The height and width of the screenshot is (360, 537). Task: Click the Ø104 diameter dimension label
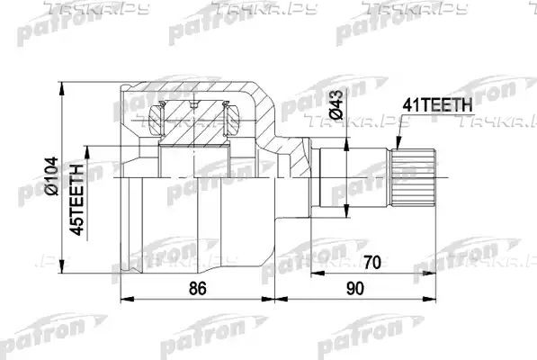pos(51,176)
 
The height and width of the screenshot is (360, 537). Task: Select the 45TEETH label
pos(76,200)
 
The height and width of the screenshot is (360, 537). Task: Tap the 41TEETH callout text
pos(437,105)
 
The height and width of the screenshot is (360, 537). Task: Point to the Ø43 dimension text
pos(336,104)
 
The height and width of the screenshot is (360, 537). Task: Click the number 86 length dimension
pos(198,288)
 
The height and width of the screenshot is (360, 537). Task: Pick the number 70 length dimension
pos(371,263)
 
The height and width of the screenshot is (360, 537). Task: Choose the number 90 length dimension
pos(354,288)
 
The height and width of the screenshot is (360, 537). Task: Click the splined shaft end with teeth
pos(414,178)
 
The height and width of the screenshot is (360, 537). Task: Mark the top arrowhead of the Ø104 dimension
pos(62,88)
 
